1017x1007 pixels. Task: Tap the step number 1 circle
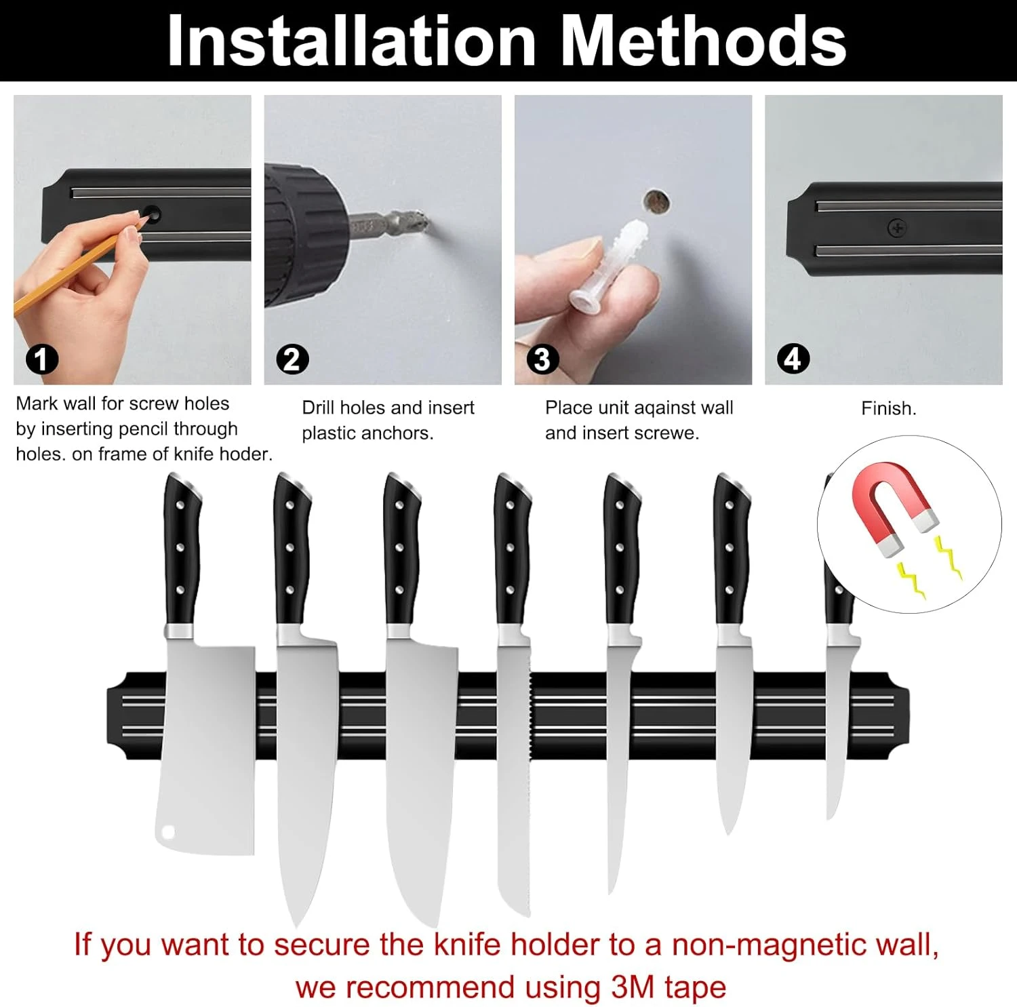[x=42, y=359]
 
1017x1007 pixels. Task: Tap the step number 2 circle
[x=292, y=359]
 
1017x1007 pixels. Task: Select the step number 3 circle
[x=542, y=359]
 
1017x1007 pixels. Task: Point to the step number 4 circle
[x=793, y=359]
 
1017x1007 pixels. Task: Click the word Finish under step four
[x=888, y=408]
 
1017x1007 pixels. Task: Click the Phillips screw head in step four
[x=897, y=228]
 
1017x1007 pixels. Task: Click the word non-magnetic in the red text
[x=765, y=944]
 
